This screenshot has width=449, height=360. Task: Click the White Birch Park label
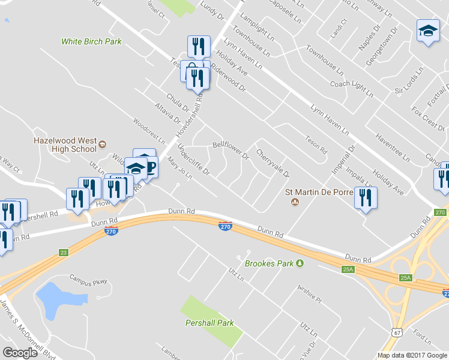(x=91, y=42)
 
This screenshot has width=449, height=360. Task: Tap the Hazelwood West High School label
(x=65, y=145)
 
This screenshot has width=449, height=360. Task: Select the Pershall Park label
(x=209, y=323)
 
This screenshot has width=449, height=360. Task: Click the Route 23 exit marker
(x=64, y=253)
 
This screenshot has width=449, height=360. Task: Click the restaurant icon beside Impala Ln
(x=366, y=197)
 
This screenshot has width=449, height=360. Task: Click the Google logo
(x=20, y=352)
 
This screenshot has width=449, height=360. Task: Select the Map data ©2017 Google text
(x=412, y=355)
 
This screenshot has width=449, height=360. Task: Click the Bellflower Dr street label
(x=231, y=151)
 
